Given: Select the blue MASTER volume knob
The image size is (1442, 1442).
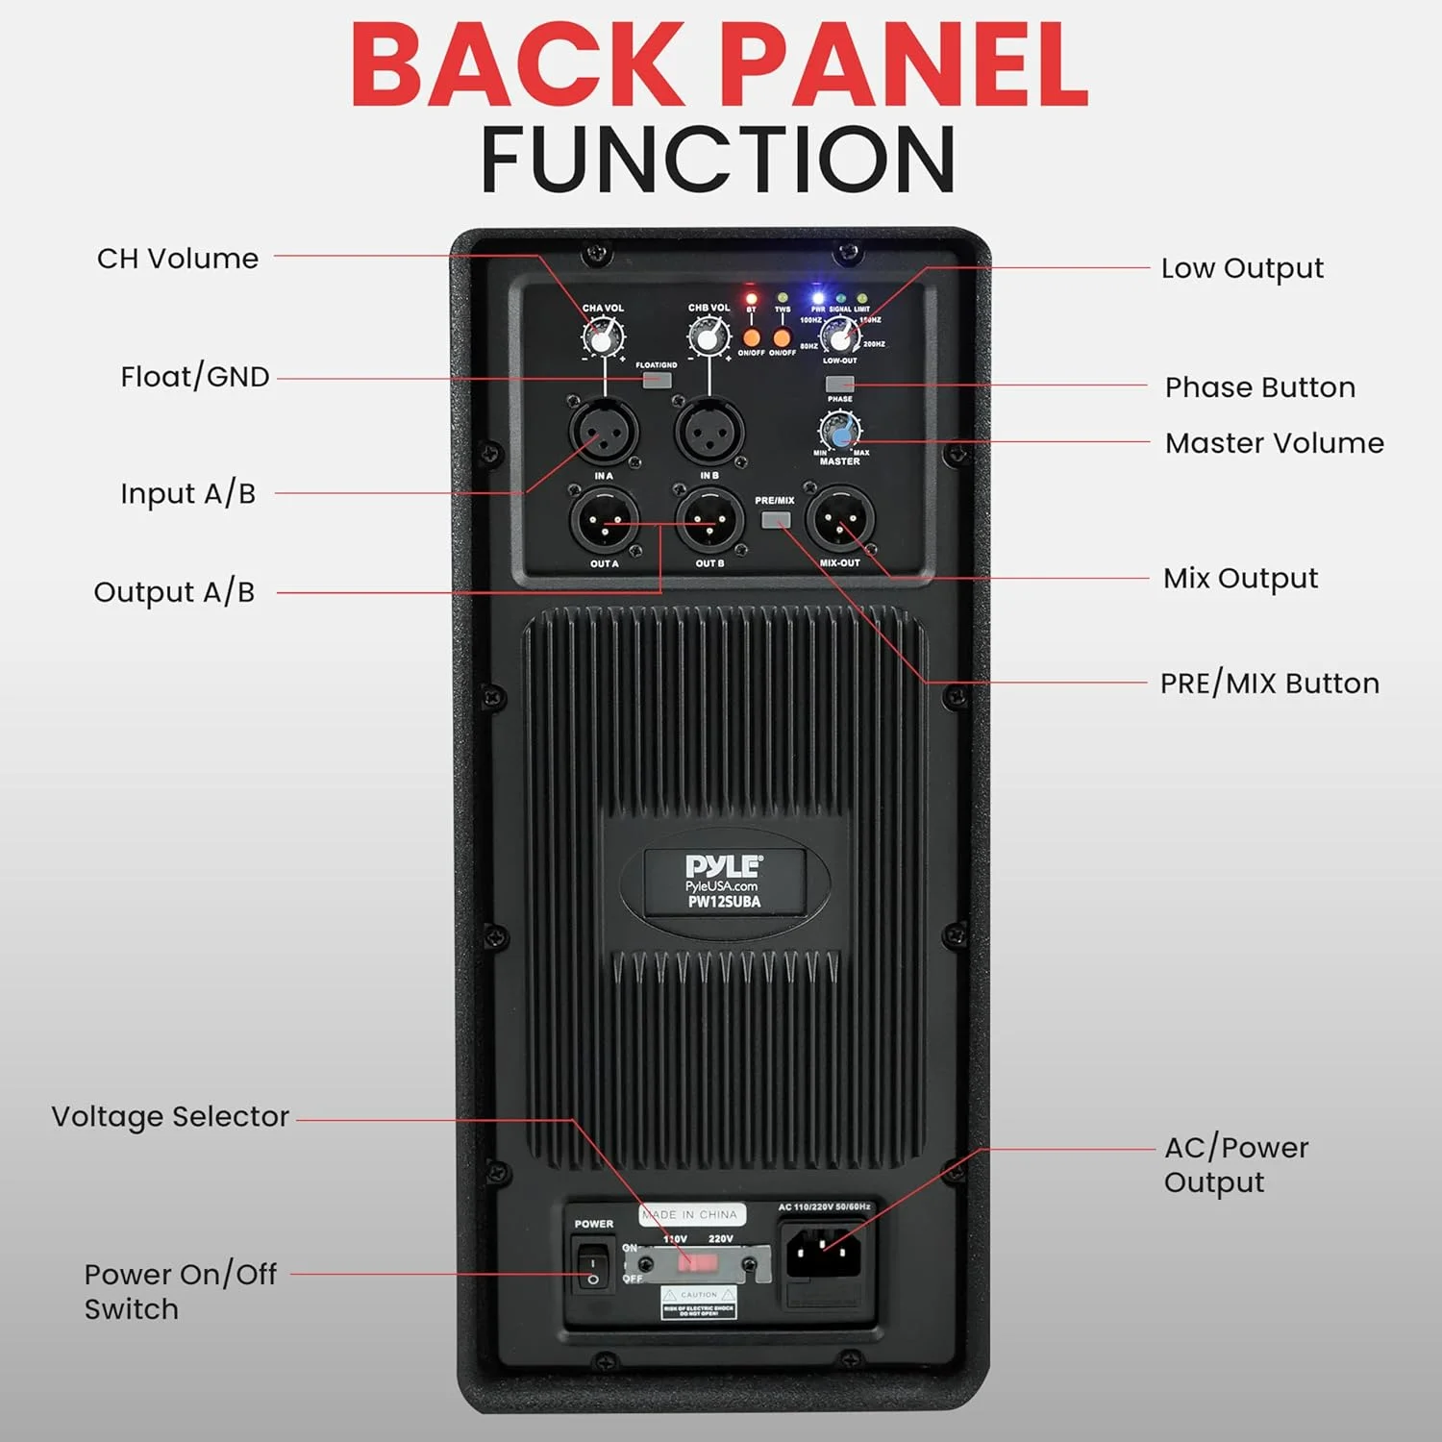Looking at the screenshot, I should [839, 431].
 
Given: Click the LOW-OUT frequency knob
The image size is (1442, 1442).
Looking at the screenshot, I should [840, 336].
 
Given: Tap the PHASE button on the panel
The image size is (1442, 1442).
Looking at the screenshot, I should [840, 384].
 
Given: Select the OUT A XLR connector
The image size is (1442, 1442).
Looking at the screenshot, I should [604, 521].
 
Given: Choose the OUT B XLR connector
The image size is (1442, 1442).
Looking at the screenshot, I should [709, 521].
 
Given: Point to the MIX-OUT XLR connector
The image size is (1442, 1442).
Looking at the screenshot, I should [840, 521].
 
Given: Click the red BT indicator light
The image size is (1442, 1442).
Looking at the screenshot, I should [752, 298].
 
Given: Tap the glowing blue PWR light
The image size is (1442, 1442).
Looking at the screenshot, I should [817, 297].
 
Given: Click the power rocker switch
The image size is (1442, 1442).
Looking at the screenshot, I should [593, 1263].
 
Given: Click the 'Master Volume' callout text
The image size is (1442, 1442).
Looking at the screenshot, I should [1274, 443].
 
